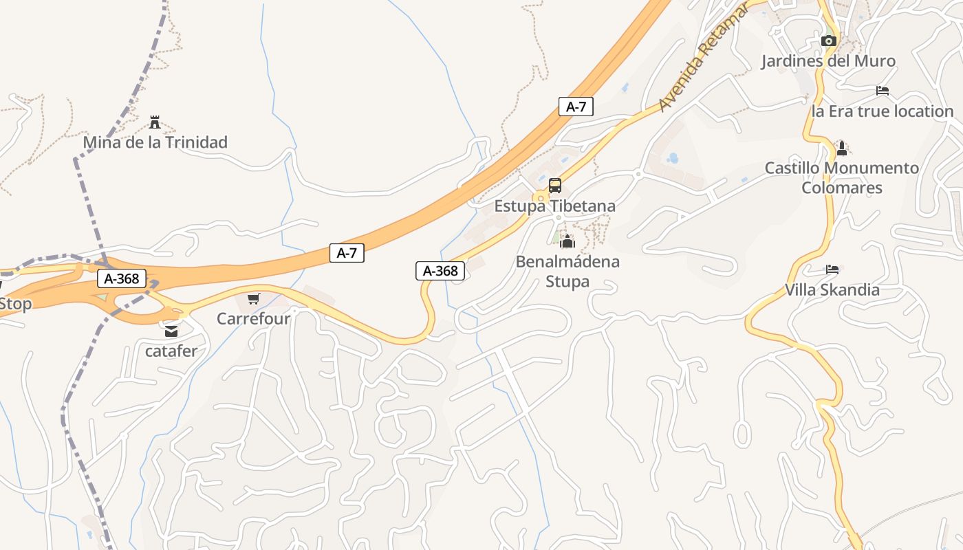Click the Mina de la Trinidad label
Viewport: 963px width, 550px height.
pos(155,142)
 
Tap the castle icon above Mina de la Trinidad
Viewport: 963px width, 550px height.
pos(155,122)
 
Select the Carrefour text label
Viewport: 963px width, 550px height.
pos(254,318)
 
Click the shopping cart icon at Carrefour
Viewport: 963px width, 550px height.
pos(254,298)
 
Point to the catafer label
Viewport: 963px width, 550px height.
pos(171,351)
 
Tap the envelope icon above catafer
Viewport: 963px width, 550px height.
pos(171,331)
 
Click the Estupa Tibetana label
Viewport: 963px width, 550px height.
pos(554,206)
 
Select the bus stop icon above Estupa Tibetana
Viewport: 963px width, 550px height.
pos(554,186)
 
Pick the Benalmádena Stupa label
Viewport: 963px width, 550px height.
pos(567,271)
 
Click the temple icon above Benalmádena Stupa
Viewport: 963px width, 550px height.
pos(567,241)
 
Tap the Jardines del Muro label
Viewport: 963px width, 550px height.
pos(828,60)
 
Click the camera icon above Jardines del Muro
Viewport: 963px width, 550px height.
pos(828,41)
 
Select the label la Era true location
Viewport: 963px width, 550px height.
pos(883,111)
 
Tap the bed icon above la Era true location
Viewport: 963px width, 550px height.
pos(883,91)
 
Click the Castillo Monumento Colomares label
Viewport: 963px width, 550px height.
pos(842,177)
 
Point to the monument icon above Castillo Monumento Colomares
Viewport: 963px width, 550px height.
pos(841,148)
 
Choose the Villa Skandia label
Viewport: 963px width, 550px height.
pos(832,289)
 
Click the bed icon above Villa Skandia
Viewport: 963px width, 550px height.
pos(832,269)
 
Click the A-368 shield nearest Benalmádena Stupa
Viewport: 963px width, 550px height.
pos(440,271)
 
